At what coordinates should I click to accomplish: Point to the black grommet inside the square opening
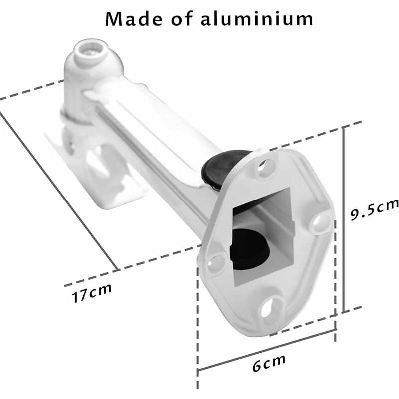pos(249,247)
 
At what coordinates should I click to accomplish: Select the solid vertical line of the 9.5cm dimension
pos(343,219)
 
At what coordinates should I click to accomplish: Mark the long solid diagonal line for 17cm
pos(60,190)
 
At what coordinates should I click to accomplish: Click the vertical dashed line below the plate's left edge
pos(198,349)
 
